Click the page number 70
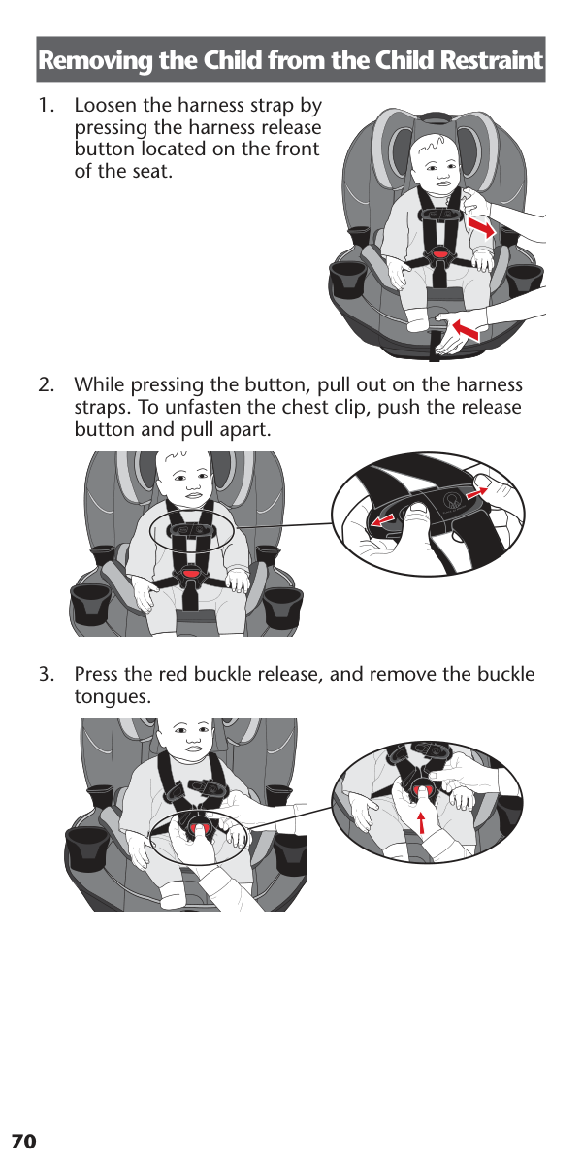coord(24,1142)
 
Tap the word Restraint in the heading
coord(491,60)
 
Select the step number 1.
coord(47,106)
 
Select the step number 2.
coord(46,385)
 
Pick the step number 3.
coord(46,674)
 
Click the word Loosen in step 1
coord(106,106)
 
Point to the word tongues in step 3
coord(113,697)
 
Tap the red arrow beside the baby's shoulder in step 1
coord(482,227)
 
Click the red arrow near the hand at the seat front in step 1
coord(467,330)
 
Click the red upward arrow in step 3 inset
coord(421,822)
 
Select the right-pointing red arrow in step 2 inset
coord(478,492)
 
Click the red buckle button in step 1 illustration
coord(439,254)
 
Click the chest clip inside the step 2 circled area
coord(190,530)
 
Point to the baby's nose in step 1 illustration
coord(442,176)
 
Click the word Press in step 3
coord(96,674)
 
